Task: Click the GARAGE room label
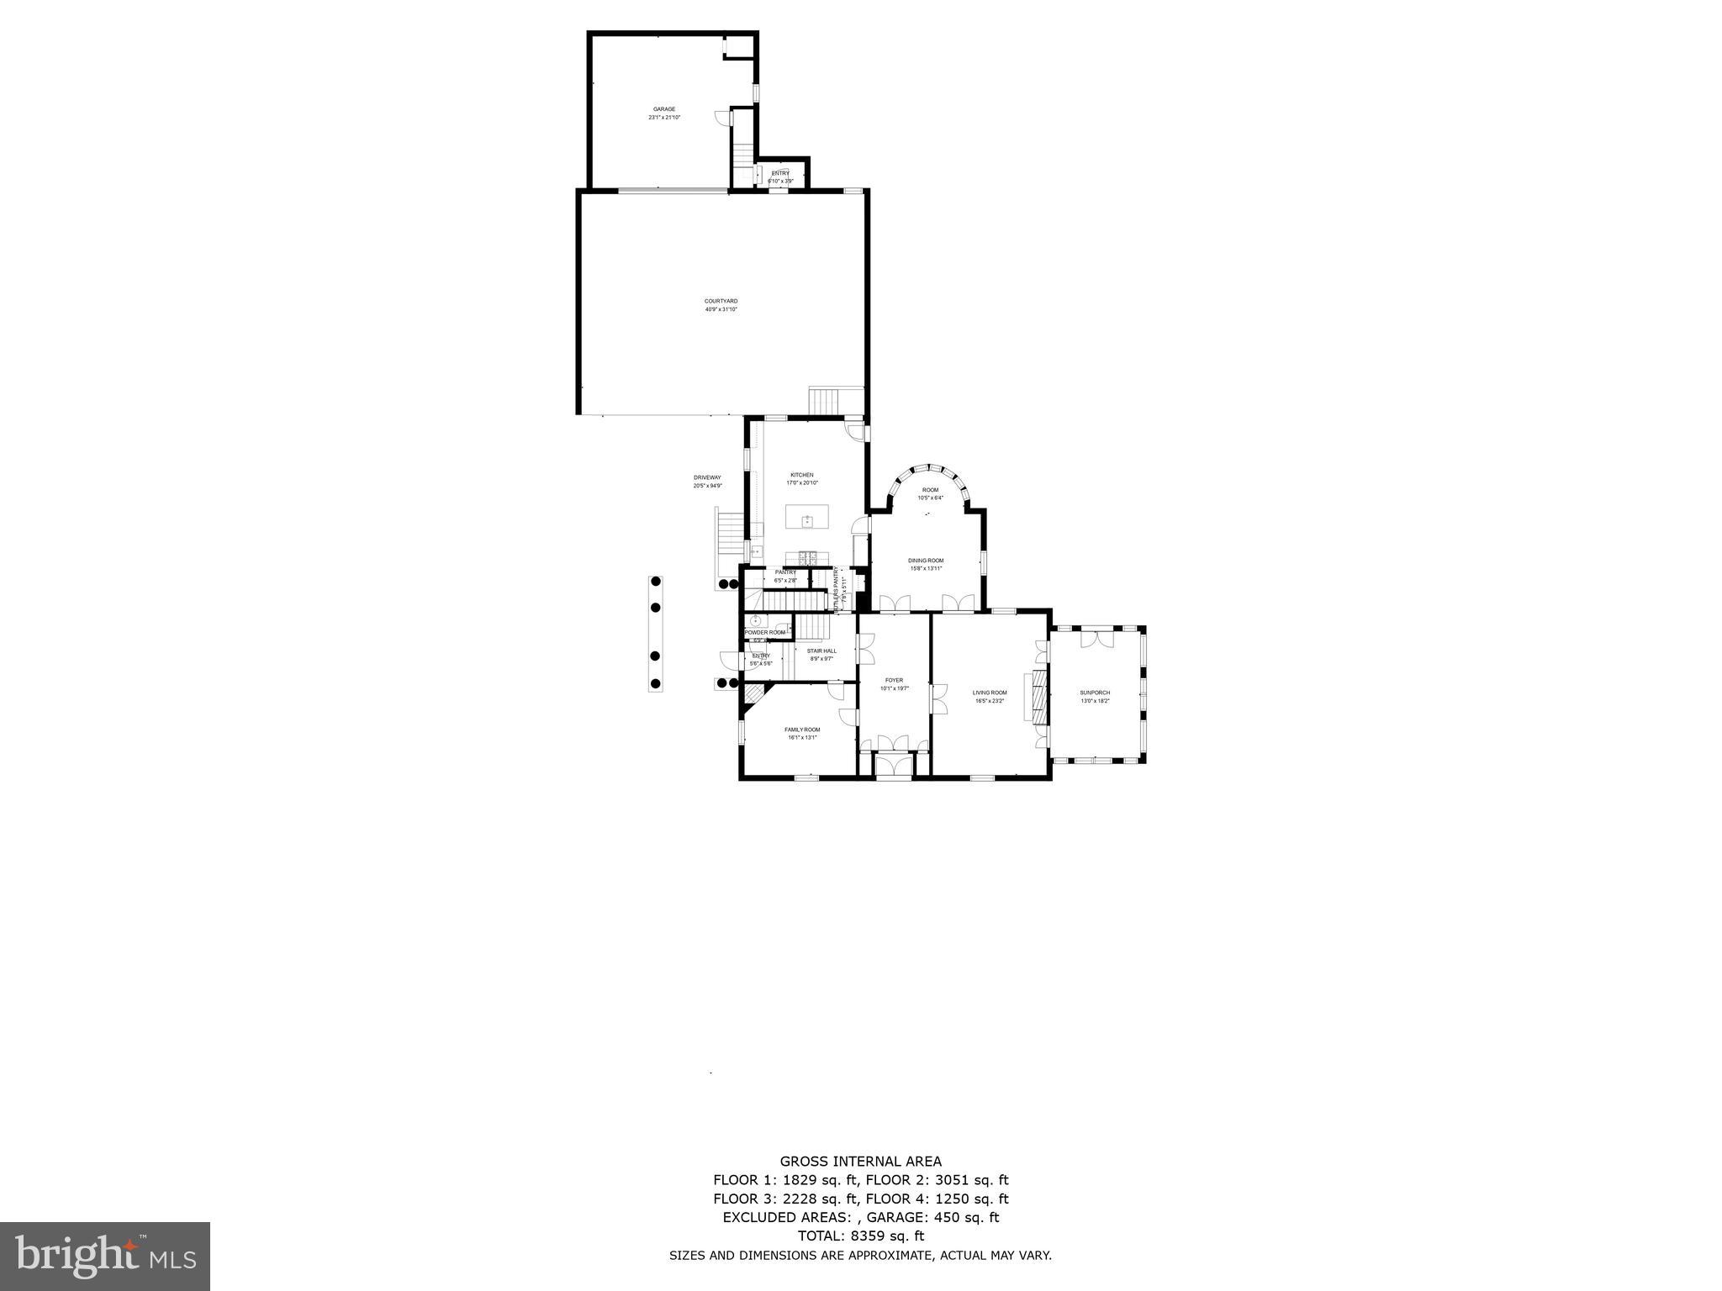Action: point(664,109)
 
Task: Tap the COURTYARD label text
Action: point(721,301)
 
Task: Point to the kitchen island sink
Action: point(807,521)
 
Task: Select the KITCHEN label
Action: point(801,475)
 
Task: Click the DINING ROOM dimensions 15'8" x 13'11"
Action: point(926,569)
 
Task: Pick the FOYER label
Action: point(894,680)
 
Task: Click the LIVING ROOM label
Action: point(990,693)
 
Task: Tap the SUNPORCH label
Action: point(1095,693)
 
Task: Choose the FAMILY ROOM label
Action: point(802,730)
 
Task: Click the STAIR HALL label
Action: point(821,651)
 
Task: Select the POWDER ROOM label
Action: point(765,632)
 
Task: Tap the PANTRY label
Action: point(785,572)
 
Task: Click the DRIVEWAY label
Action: point(707,477)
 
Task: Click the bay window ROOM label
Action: point(930,490)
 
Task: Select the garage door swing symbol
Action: point(721,119)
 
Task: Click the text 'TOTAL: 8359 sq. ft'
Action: point(860,1236)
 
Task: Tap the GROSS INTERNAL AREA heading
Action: point(860,1162)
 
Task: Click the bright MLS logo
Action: point(104,1256)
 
